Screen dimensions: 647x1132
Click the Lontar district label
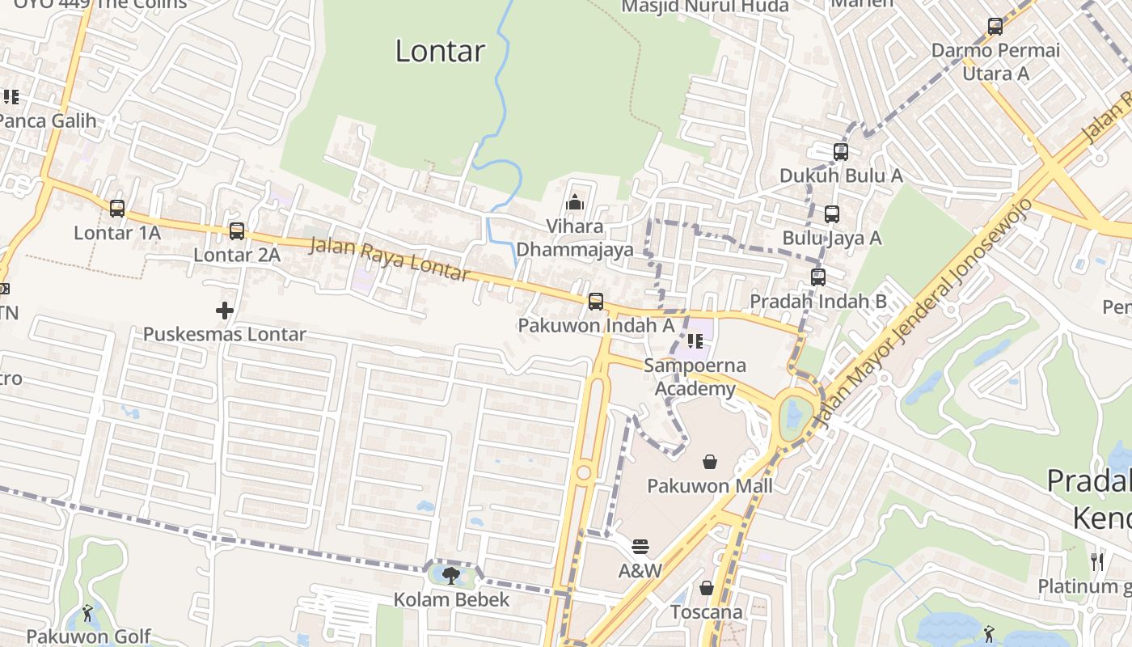440,51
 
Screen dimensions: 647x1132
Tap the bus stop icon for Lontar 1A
117,209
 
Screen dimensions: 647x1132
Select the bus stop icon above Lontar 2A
237,231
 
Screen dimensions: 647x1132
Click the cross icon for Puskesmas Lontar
225,310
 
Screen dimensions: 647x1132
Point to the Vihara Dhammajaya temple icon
575,202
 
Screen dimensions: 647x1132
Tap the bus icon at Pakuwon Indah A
596,302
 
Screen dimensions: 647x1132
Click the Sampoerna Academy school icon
695,341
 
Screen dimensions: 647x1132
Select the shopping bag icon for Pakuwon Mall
710,462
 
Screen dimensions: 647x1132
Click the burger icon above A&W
640,547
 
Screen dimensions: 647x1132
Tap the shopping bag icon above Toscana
707,588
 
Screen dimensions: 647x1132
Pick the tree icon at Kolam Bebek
451,575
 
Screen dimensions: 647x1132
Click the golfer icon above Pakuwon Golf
88,614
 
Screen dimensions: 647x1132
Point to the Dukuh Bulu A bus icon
841,151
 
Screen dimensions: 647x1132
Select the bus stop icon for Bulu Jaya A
831,214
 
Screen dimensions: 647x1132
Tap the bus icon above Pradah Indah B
818,277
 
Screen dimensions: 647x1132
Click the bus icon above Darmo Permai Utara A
995,27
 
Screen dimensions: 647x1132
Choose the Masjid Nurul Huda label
704,6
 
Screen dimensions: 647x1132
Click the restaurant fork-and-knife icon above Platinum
1097,561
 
